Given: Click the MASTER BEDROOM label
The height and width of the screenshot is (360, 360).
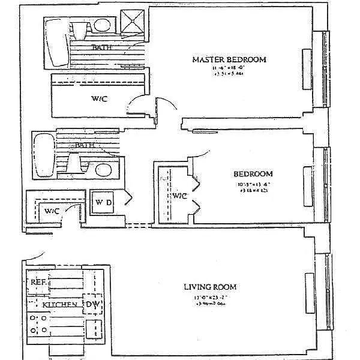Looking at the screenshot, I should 229,59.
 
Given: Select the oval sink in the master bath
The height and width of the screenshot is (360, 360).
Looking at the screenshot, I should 102,25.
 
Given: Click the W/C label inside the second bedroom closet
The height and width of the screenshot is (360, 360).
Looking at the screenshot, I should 179,196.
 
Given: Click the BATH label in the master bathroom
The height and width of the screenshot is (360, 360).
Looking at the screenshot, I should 100,47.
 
